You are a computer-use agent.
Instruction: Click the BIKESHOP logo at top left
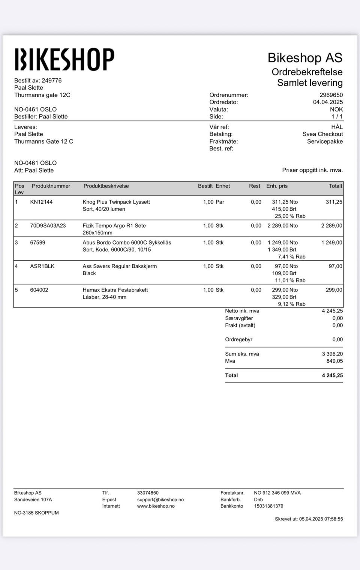(x=64, y=59)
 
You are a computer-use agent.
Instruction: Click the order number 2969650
(x=331, y=95)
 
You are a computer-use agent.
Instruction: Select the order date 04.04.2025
(x=328, y=102)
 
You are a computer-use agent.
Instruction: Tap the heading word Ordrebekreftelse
(x=307, y=72)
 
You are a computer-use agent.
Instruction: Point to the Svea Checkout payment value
(x=322, y=134)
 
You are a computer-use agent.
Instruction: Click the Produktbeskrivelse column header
(x=106, y=186)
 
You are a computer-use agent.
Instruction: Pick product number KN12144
(x=41, y=202)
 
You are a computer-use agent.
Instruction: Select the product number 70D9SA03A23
(x=48, y=225)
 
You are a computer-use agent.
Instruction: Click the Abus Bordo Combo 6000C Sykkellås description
(x=127, y=243)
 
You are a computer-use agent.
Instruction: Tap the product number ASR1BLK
(x=42, y=266)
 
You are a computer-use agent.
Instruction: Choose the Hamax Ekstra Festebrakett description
(x=115, y=290)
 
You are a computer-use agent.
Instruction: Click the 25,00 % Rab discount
(x=290, y=216)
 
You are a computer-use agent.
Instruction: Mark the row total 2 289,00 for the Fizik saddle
(x=331, y=225)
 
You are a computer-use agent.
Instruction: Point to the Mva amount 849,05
(x=334, y=361)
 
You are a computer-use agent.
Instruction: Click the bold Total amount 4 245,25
(x=332, y=375)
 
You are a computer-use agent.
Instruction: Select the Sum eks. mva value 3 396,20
(x=332, y=354)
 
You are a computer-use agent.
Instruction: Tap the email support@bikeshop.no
(x=160, y=499)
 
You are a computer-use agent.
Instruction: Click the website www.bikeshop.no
(x=156, y=506)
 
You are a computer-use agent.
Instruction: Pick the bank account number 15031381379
(x=268, y=506)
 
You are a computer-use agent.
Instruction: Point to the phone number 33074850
(x=148, y=493)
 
